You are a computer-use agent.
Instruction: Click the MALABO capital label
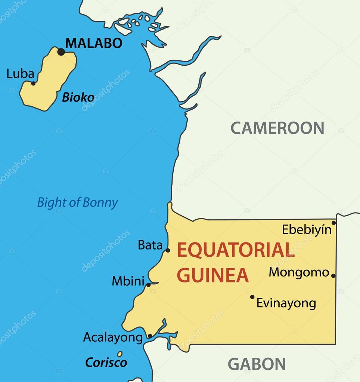[94, 43]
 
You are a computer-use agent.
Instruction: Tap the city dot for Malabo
[61, 52]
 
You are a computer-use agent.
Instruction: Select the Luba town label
[20, 73]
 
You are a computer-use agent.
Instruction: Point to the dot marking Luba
[33, 83]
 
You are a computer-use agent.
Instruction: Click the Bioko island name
[78, 98]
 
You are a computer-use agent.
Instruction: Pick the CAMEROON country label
[277, 128]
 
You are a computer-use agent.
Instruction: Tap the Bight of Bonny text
[77, 203]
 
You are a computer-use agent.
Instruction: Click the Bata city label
[150, 245]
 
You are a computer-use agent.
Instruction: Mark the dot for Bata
[168, 250]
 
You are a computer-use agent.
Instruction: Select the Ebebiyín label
[307, 229]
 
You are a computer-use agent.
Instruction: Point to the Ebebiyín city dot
[333, 223]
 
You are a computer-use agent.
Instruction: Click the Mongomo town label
[299, 273]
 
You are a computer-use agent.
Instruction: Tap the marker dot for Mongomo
[333, 276]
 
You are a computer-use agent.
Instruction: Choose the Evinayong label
[286, 303]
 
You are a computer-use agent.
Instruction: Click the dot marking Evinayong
[252, 297]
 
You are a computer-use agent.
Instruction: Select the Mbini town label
[128, 281]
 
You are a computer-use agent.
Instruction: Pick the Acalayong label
[113, 338]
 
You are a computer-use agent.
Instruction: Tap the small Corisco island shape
[120, 354]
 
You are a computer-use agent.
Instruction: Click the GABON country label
[257, 364]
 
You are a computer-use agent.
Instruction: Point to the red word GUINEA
[212, 275]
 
